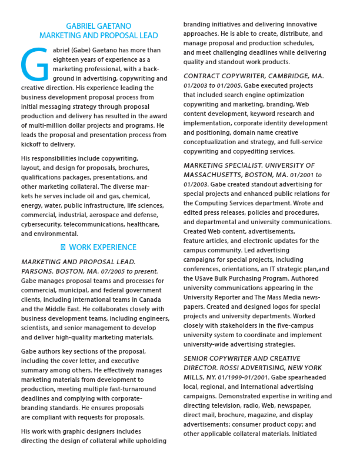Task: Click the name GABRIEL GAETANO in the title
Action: (98, 26)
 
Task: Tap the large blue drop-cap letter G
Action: (35, 65)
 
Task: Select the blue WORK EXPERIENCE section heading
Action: (102, 248)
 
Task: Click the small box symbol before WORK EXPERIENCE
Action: (64, 248)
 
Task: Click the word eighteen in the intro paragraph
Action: (67, 59)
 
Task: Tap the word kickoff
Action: (33, 144)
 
